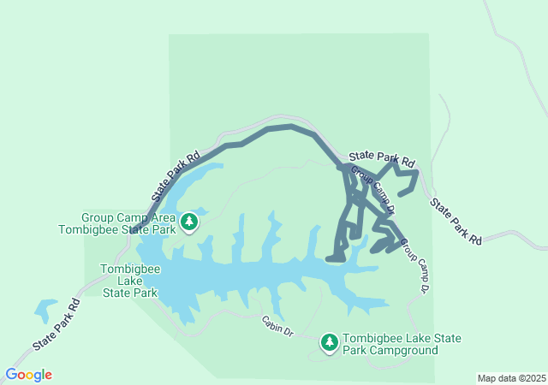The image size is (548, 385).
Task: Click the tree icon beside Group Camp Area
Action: (x=189, y=222)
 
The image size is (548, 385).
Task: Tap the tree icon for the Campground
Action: (x=330, y=342)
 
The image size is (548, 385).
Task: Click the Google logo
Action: (x=28, y=375)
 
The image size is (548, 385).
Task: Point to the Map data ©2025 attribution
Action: (x=511, y=378)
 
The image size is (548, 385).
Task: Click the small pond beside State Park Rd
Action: (x=45, y=308)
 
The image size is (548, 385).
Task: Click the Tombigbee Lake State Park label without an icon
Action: (x=128, y=281)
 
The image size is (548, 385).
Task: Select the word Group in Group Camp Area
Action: (x=98, y=217)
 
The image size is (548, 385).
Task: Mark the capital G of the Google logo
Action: (x=11, y=375)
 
